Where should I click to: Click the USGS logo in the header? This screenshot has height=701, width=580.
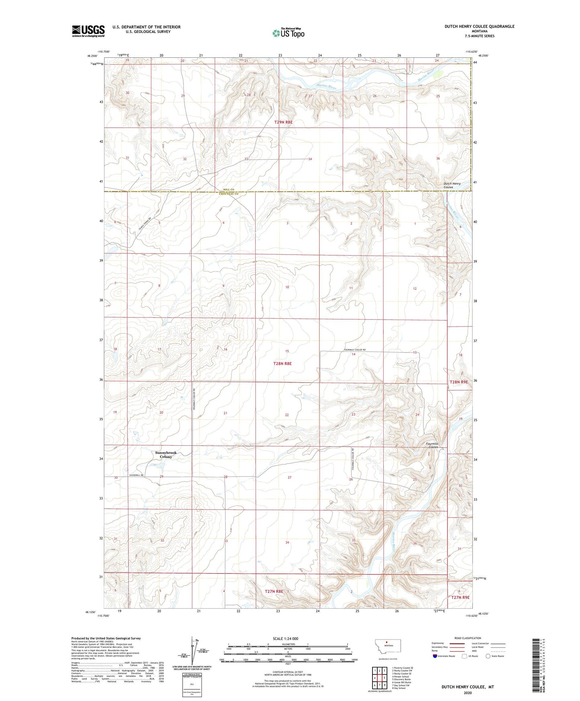point(88,31)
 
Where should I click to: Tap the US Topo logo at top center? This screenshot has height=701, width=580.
point(288,33)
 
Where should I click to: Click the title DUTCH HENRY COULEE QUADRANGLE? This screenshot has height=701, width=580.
point(479,26)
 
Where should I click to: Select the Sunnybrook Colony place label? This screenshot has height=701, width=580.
point(166,454)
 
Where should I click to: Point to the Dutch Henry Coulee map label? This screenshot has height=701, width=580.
point(452,185)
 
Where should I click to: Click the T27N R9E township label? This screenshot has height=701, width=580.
point(460,597)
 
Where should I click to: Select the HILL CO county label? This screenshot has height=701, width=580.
point(229,190)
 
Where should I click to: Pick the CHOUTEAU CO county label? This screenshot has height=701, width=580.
point(229,194)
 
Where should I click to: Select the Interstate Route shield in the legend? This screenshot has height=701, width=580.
point(436,656)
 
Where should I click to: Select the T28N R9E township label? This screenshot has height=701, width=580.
point(458,382)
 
